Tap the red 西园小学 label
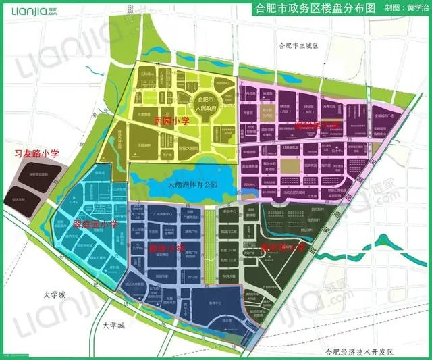click(x=171, y=121)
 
